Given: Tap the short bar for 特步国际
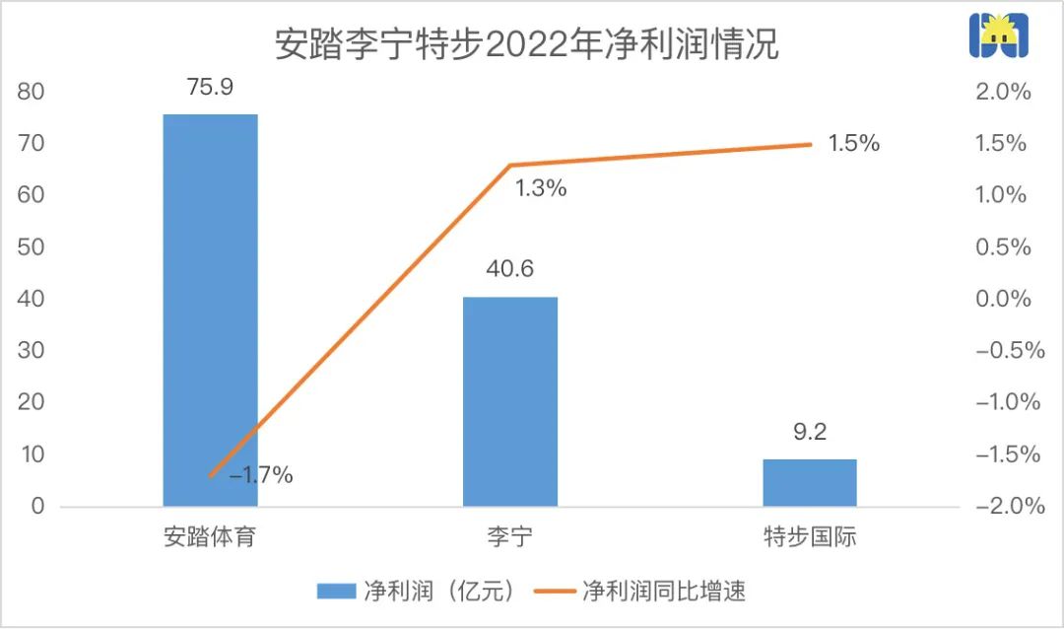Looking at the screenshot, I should coord(809,482).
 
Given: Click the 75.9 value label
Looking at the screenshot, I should coord(210,89).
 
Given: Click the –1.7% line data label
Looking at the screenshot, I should coord(261,475).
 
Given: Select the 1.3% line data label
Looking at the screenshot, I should coord(541,189).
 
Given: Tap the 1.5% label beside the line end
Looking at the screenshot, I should coord(853,143).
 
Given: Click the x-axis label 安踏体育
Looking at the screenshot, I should coord(210,538).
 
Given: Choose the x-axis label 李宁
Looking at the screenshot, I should coord(509,538).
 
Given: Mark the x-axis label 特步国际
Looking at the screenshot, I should coord(809,538).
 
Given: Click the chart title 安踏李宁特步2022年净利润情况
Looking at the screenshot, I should coord(526,43).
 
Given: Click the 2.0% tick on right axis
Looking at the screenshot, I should coord(1004,92).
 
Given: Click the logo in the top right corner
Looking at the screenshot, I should coord(998,37).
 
